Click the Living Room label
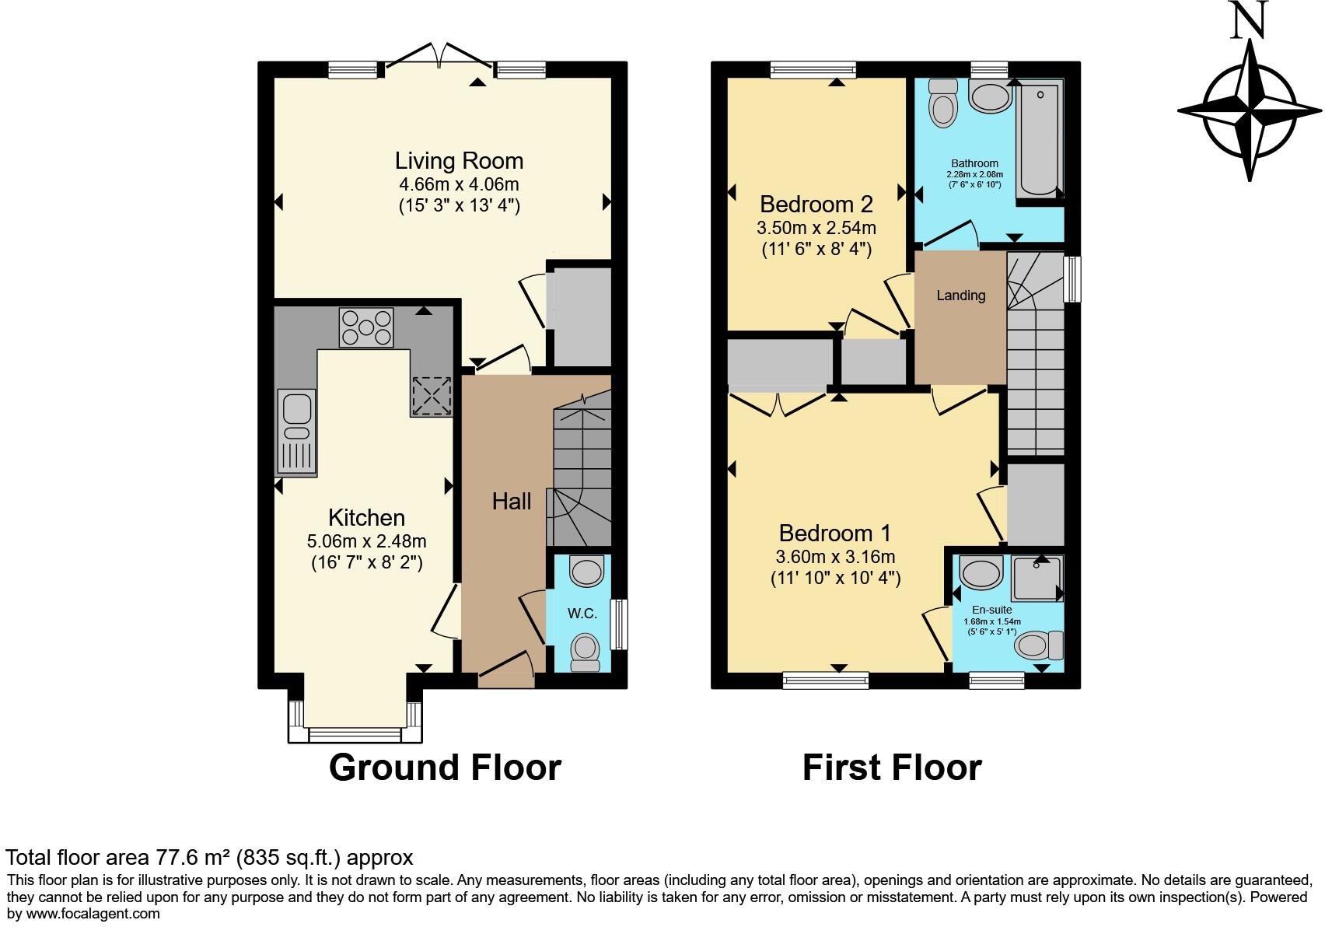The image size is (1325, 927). pos(459,161)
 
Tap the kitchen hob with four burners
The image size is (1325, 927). pos(366,327)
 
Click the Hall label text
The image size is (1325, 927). pos(512,502)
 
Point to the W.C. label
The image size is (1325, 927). pos(582,614)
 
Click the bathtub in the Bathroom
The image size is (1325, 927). pos(1040,140)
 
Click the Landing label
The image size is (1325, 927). pos(960,296)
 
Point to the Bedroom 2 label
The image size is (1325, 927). pos(816,205)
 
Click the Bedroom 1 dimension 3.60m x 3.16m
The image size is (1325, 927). pos(835,557)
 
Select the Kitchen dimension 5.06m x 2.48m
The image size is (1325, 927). pos(366,540)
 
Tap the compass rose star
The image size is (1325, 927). pos(1249,110)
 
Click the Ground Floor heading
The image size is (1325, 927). pos(445,768)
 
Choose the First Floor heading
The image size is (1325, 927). pos(892,768)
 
